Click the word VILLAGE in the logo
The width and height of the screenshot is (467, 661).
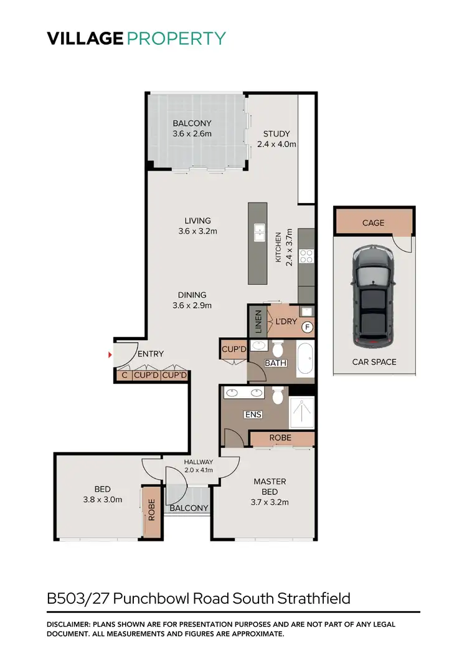(x=85, y=39)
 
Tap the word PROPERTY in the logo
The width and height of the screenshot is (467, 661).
(x=176, y=39)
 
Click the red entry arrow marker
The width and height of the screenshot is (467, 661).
(x=110, y=355)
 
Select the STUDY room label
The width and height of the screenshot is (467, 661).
(x=276, y=133)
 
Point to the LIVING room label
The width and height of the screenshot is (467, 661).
(x=197, y=221)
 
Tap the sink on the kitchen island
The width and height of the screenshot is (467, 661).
(x=258, y=233)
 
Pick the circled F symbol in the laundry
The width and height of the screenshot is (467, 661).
(x=306, y=326)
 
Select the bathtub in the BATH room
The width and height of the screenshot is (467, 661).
(x=305, y=360)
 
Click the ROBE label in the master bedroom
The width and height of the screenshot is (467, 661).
(x=280, y=438)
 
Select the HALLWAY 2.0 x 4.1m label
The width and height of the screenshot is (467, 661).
(x=199, y=465)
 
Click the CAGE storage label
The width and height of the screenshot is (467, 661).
(x=373, y=222)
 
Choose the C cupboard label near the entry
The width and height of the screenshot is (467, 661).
(x=124, y=375)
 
